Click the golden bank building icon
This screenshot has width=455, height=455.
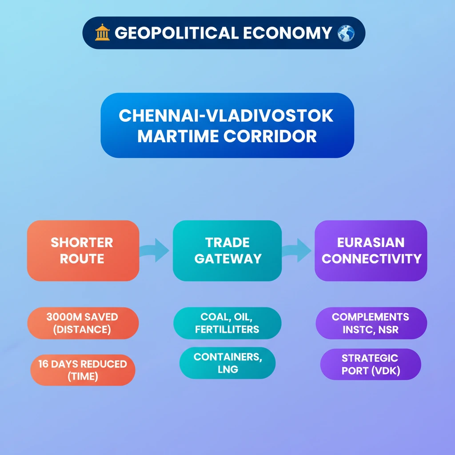click(103, 32)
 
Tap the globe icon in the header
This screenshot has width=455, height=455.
click(346, 33)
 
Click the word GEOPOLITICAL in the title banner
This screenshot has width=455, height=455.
click(177, 33)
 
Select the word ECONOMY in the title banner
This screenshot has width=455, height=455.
click(287, 33)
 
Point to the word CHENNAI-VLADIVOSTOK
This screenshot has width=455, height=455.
click(226, 116)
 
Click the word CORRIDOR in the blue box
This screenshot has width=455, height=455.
click(270, 136)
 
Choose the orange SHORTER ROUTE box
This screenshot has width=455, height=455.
click(83, 251)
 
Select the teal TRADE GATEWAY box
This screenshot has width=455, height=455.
click(227, 251)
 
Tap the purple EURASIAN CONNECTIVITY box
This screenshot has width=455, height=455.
click(371, 251)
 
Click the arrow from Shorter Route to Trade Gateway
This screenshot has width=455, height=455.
click(154, 250)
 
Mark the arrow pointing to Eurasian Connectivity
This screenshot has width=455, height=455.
click(296, 250)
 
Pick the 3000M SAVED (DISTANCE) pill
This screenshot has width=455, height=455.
click(83, 323)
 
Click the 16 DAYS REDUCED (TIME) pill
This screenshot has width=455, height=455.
click(83, 370)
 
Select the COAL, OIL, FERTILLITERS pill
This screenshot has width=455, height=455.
click(227, 323)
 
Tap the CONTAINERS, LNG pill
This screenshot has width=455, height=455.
click(227, 363)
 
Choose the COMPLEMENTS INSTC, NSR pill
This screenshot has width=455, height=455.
click(371, 323)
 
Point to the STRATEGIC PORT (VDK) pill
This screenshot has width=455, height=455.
click(371, 364)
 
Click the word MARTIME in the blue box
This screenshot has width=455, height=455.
click(178, 136)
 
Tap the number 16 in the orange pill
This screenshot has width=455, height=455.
click(43, 364)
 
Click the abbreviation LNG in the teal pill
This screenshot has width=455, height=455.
click(228, 369)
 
